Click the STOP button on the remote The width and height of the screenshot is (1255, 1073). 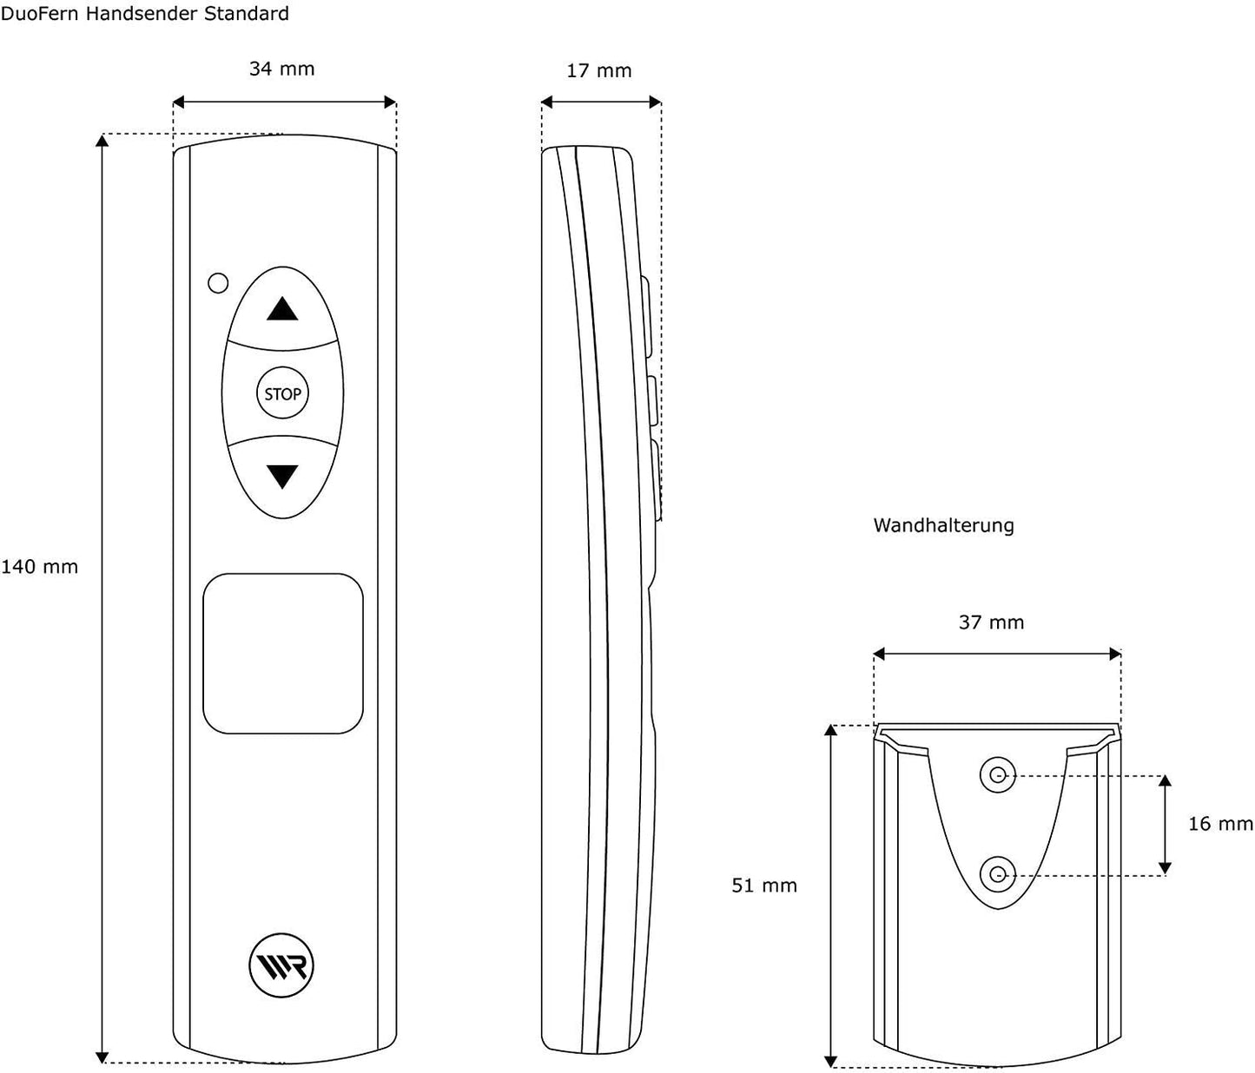(x=282, y=393)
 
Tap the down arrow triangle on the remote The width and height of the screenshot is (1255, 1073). (x=282, y=477)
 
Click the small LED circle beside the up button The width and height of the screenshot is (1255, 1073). (x=218, y=283)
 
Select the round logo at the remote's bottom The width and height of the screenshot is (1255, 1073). (x=281, y=965)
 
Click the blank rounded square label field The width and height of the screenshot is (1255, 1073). (x=283, y=654)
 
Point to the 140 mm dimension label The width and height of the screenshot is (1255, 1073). (x=39, y=567)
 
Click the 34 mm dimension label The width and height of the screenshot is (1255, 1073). (x=281, y=69)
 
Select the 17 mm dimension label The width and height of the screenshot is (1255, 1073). (x=598, y=71)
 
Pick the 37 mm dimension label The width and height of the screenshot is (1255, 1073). (x=991, y=622)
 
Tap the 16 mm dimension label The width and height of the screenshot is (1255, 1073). (x=1220, y=824)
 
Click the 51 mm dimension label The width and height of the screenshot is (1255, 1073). (x=763, y=885)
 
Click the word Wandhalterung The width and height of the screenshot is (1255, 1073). (x=943, y=525)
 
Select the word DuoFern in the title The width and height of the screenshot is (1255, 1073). (x=40, y=13)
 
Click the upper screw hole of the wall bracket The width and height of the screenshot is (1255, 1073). (x=998, y=775)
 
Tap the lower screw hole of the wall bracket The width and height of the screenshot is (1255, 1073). (x=998, y=874)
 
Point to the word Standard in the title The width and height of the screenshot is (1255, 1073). (x=246, y=13)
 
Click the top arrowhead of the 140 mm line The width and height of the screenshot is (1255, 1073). (x=102, y=140)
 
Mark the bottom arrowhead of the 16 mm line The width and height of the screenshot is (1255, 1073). (x=1165, y=868)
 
